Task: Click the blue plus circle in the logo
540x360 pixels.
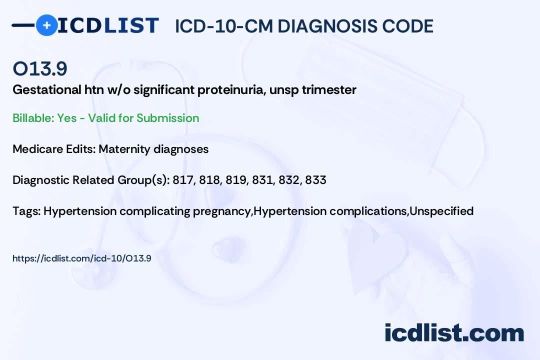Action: (x=46, y=25)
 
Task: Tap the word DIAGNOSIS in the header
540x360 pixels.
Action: (x=320, y=26)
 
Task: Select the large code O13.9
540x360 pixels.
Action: (x=40, y=68)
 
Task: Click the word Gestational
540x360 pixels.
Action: (x=47, y=90)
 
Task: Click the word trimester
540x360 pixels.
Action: (x=329, y=90)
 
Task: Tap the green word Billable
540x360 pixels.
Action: (x=33, y=118)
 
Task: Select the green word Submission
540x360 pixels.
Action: (x=167, y=118)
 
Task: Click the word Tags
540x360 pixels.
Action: (x=27, y=211)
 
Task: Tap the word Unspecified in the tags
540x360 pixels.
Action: (x=441, y=211)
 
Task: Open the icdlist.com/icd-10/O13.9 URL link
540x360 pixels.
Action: (x=81, y=258)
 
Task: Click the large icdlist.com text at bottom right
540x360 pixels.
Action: (x=454, y=333)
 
